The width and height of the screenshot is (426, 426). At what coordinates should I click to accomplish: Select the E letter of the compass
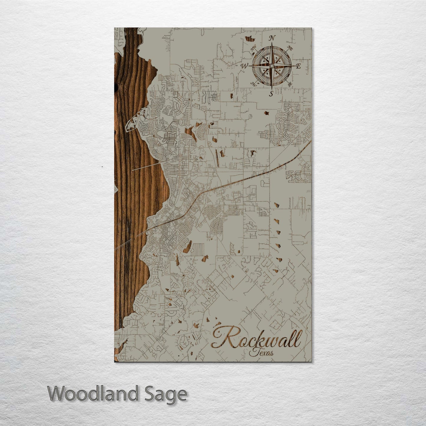298,66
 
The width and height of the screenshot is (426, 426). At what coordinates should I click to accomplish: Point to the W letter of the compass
244,66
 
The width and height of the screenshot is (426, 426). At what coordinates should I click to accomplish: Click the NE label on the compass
290,49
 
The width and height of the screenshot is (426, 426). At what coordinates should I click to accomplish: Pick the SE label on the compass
290,84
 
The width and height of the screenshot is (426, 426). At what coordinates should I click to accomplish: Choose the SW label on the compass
253,83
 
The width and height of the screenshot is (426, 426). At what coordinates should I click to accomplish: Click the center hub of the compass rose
272,66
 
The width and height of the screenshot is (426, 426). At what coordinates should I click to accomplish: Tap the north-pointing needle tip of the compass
272,44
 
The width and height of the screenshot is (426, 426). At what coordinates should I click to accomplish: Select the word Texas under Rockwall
261,352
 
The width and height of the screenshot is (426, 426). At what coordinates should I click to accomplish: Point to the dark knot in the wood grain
116,86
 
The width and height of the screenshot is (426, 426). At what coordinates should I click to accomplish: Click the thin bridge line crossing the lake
147,167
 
